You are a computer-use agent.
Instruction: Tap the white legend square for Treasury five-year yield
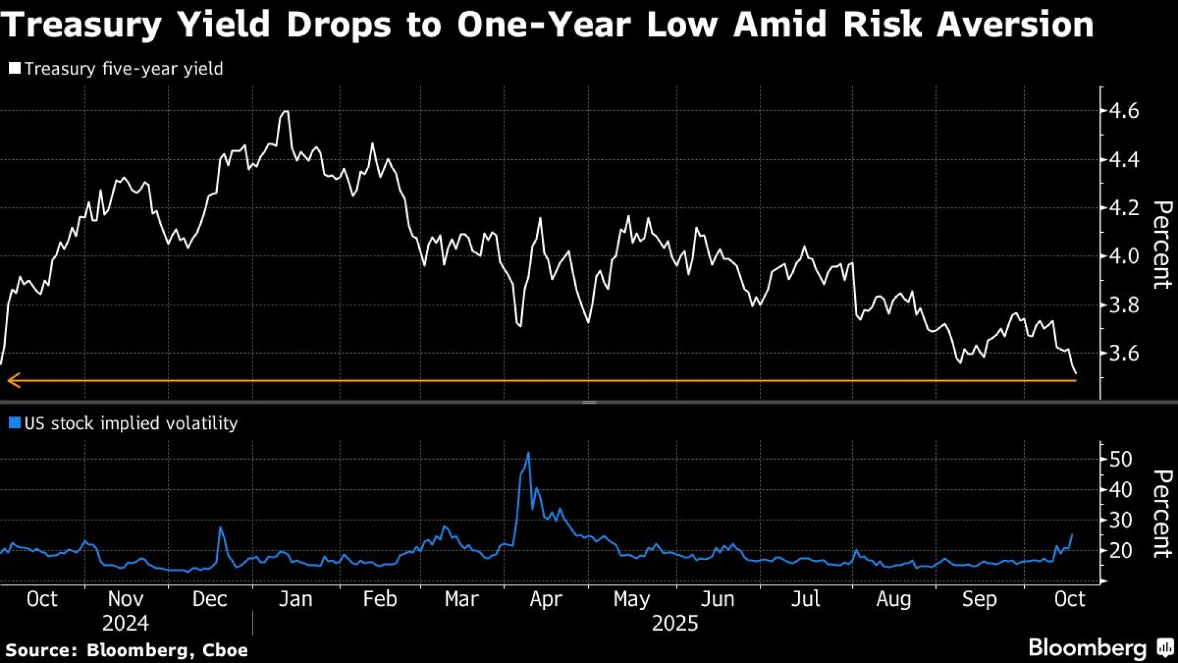click(15, 68)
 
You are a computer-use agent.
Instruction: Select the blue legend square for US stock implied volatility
click(15, 423)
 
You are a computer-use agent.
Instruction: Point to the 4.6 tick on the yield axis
click(1123, 111)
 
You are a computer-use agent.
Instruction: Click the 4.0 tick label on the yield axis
click(1123, 256)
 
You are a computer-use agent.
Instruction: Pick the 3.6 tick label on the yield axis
click(1123, 354)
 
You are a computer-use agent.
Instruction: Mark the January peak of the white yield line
click(286, 111)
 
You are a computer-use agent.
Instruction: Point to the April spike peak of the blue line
click(528, 453)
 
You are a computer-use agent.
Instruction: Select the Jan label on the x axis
click(295, 599)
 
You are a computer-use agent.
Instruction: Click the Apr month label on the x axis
click(546, 599)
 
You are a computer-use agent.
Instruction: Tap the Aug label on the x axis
click(894, 599)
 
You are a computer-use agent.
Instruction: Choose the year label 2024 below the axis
click(125, 624)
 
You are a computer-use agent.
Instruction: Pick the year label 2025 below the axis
click(675, 624)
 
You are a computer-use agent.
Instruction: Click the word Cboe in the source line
click(225, 650)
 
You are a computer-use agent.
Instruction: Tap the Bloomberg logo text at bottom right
click(1087, 648)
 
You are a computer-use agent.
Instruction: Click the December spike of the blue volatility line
click(221, 528)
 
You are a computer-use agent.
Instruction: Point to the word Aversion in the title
click(1015, 25)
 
